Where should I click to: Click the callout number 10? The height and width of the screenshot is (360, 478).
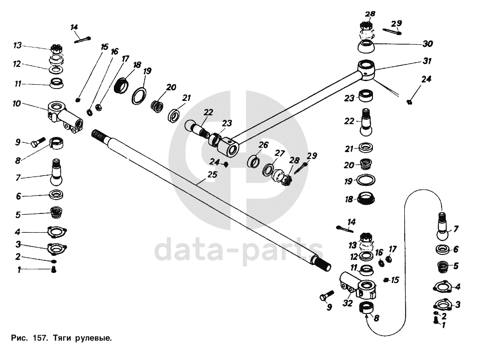17,104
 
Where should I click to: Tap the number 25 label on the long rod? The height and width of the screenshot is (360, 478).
212,175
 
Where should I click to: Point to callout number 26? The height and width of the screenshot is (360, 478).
263,145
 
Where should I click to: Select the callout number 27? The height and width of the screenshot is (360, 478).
280,153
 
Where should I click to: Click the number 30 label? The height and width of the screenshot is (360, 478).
427,44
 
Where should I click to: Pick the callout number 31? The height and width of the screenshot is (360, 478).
428,61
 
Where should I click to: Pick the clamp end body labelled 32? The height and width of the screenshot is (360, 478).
359,286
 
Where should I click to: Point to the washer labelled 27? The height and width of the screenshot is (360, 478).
268,169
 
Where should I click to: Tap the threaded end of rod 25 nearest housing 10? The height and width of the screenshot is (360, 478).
100,136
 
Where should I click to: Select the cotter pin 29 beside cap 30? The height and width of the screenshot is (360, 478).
393,31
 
